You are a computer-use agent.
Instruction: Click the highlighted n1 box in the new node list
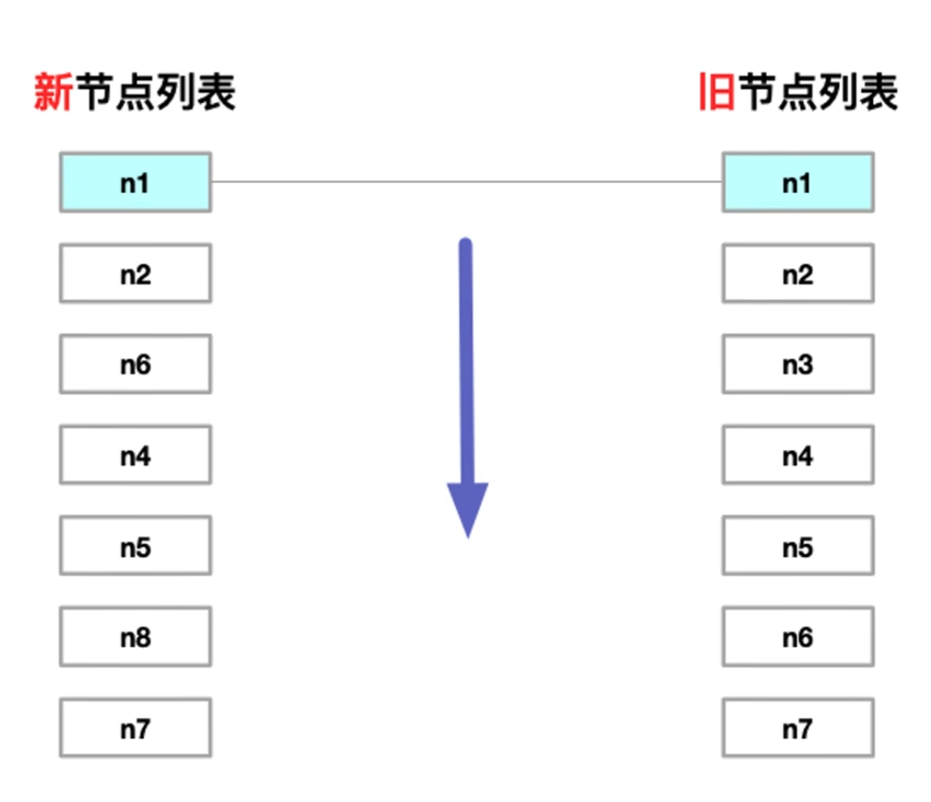pos(135,182)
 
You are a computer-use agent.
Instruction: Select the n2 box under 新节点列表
pos(135,273)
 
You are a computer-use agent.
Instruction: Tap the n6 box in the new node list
pos(135,365)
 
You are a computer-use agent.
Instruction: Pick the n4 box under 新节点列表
pos(135,455)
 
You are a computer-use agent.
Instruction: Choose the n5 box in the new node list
pos(135,546)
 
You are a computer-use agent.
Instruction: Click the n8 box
pos(135,637)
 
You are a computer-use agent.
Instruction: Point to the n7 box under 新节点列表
pos(135,728)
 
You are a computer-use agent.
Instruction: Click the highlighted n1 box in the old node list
pos(798,182)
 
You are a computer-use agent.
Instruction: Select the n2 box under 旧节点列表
pos(798,273)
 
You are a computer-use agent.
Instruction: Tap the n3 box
pos(798,365)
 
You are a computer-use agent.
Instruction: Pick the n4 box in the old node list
pos(798,455)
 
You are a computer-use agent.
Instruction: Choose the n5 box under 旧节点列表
pos(798,546)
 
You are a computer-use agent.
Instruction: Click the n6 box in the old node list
pos(798,637)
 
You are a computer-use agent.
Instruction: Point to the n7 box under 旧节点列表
pos(798,728)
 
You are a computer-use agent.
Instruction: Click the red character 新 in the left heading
pos(53,93)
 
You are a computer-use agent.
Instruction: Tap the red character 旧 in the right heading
pos(717,93)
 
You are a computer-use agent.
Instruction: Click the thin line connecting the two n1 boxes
pos(466,181)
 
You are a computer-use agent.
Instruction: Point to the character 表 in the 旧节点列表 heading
pos(878,93)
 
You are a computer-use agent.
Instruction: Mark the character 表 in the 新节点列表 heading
pos(215,93)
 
